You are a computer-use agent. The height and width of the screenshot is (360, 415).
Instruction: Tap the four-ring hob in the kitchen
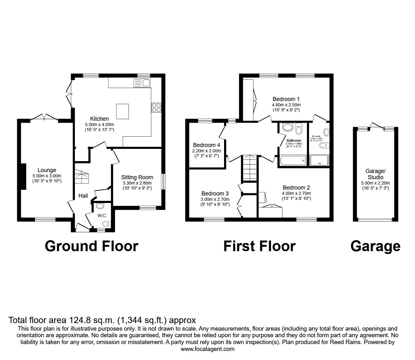click(x=156, y=107)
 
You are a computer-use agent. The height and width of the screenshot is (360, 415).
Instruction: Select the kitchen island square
click(x=122, y=111)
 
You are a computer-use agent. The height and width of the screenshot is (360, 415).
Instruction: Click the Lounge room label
click(x=47, y=170)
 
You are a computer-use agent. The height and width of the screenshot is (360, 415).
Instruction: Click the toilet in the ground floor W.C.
click(x=106, y=224)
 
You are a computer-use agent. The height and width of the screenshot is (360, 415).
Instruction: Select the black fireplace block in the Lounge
click(x=23, y=176)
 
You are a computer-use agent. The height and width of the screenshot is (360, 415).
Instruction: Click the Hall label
click(x=83, y=196)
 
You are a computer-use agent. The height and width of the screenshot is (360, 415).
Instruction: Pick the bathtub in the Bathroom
click(x=293, y=160)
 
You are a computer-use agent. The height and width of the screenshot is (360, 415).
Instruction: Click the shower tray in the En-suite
click(x=319, y=160)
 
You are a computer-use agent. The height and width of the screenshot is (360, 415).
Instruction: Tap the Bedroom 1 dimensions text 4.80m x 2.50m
click(x=286, y=105)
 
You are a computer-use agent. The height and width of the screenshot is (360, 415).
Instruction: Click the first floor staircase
click(x=249, y=170)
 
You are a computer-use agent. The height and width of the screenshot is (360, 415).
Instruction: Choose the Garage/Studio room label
click(x=375, y=174)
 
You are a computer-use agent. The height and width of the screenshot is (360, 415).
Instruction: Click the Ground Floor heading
click(x=91, y=246)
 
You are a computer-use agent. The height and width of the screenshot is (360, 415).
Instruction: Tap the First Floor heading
click(x=259, y=246)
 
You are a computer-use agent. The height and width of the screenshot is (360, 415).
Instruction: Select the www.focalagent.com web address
click(x=207, y=349)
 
